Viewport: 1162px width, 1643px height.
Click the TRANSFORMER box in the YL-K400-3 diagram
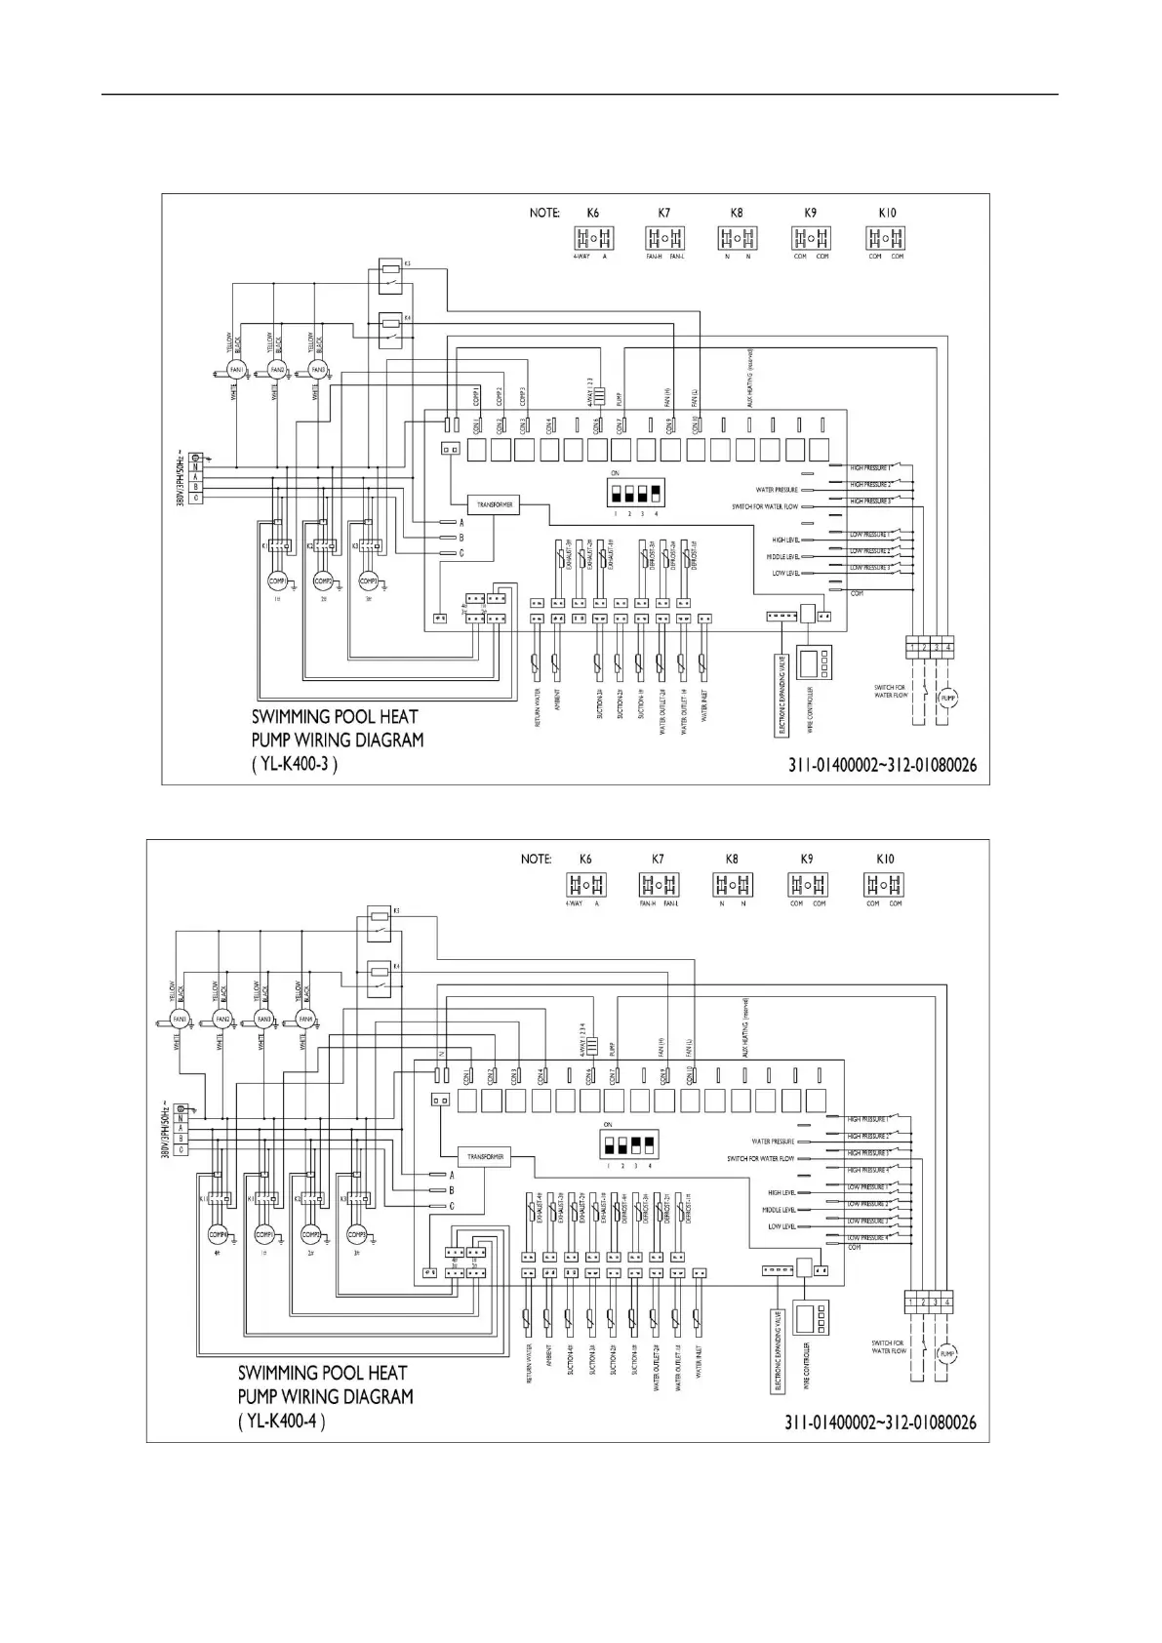pos(493,504)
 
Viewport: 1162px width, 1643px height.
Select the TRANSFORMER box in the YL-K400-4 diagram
pos(485,1156)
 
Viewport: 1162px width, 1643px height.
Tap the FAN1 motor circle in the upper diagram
pos(234,371)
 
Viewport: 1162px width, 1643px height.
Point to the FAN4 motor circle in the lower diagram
pos(304,1020)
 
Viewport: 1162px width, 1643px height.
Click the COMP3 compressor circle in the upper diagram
pos(369,581)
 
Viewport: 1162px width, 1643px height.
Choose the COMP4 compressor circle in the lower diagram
pos(217,1233)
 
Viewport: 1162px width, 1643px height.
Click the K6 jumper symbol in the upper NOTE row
pos(592,238)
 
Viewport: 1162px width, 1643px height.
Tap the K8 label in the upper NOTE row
pos(737,212)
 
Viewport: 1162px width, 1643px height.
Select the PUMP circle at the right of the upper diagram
pos(947,698)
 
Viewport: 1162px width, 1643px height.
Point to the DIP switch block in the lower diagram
pos(628,1142)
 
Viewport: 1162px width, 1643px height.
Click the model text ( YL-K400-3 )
pos(295,765)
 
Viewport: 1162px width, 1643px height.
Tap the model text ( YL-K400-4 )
pos(281,1421)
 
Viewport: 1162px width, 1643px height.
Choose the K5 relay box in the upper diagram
pos(393,275)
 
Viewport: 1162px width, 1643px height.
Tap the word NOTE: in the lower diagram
pos(536,860)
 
